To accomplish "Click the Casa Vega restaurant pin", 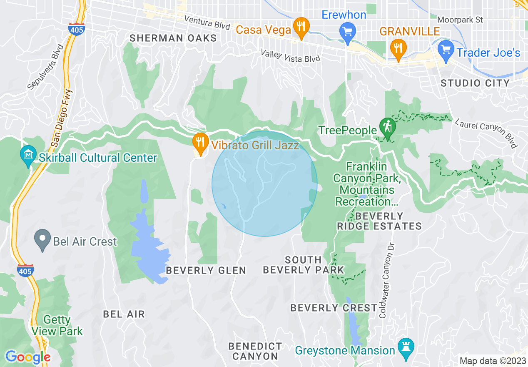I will click(300, 28).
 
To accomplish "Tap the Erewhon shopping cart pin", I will click(346, 32).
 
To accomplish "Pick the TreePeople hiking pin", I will click(388, 127).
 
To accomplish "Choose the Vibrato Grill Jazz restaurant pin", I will click(201, 142).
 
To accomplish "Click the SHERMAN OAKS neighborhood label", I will click(173, 38).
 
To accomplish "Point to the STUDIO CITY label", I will click(475, 83).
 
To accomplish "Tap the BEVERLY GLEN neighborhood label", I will click(206, 270).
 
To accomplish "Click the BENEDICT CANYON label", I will click(255, 351).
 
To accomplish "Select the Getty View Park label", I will click(57, 326).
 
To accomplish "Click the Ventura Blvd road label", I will click(207, 23).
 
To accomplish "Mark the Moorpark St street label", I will click(460, 20).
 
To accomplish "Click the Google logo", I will click(27, 357).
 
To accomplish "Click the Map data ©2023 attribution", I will click(491, 361).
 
